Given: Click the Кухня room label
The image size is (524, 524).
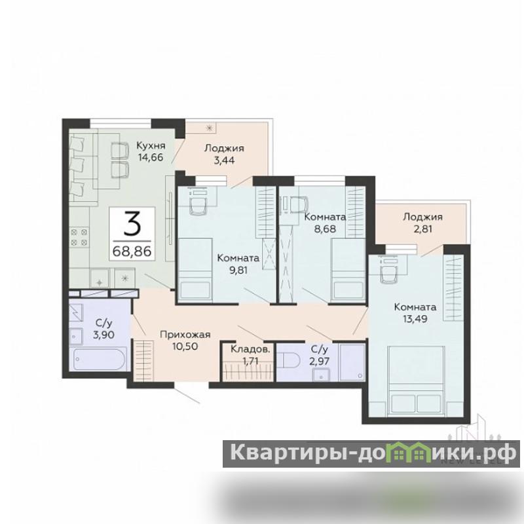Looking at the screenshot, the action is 151,145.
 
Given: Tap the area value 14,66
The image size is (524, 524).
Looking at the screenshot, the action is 151,157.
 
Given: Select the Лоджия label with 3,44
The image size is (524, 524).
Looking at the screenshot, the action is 224,148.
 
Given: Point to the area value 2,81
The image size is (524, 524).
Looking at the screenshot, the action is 422,229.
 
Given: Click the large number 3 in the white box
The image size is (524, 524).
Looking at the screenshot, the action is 132,223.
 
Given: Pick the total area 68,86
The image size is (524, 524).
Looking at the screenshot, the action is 132,251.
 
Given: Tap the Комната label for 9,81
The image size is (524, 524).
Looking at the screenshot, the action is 238,258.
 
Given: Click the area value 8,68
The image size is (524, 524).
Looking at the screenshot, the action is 325,229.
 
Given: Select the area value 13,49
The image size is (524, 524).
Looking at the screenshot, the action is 415,319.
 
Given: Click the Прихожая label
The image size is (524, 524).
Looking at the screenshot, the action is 185,335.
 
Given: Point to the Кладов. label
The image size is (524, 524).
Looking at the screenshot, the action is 250,350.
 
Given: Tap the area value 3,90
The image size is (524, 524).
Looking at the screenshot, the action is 104,335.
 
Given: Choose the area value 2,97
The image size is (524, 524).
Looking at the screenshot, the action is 320,362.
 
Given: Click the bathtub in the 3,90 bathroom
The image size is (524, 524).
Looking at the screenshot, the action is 100,359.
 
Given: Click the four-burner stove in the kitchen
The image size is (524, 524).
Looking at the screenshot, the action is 79,237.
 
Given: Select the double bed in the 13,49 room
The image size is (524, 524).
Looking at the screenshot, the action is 416,381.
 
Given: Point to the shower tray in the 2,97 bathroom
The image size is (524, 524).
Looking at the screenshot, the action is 352,362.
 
